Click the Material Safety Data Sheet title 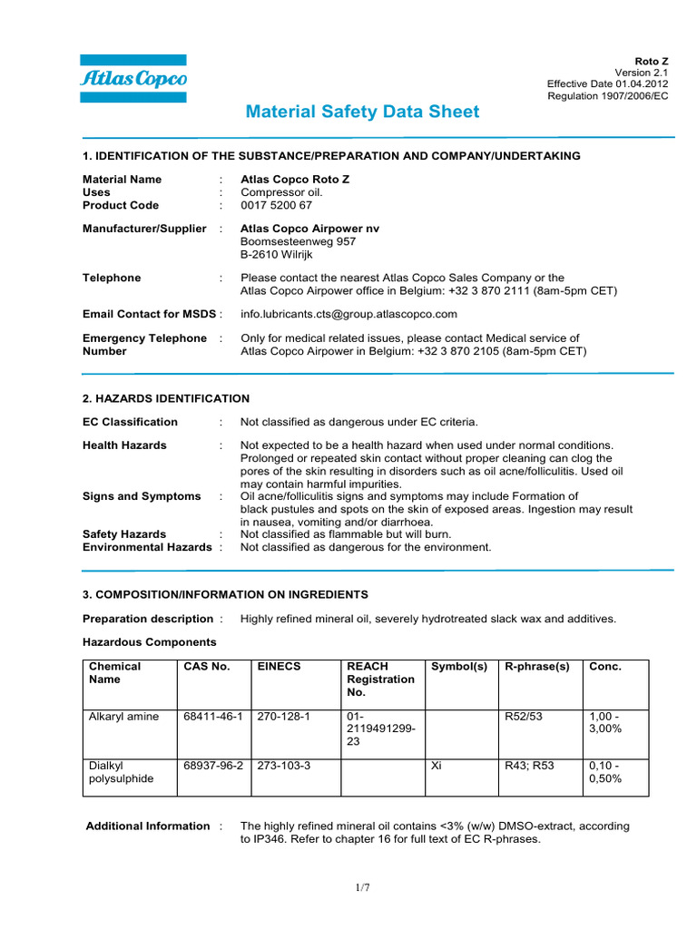pyautogui.click(x=363, y=112)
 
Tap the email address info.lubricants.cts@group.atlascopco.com pyautogui.click(x=348, y=314)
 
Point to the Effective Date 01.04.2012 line pyautogui.click(x=607, y=83)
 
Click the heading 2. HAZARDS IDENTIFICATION pyautogui.click(x=166, y=397)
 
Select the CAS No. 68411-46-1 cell pyautogui.click(x=213, y=717)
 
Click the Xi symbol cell pyautogui.click(x=436, y=766)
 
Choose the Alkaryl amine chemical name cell pyautogui.click(x=123, y=717)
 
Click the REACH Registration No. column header pyautogui.click(x=380, y=680)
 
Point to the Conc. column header pyautogui.click(x=605, y=667)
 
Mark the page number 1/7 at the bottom pyautogui.click(x=363, y=887)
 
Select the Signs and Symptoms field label pyautogui.click(x=142, y=496)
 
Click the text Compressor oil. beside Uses pyautogui.click(x=281, y=192)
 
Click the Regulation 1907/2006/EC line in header pyautogui.click(x=608, y=96)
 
